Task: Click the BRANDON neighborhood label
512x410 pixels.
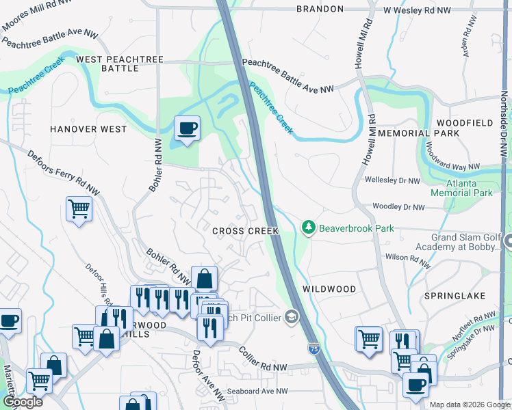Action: [320, 9]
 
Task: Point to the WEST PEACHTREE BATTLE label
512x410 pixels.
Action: [120, 64]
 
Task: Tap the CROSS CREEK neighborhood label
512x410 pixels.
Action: [245, 231]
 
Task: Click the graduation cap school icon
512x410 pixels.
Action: [292, 317]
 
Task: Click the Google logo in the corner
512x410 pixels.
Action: [22, 402]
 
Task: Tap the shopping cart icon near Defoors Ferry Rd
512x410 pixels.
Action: [79, 208]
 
